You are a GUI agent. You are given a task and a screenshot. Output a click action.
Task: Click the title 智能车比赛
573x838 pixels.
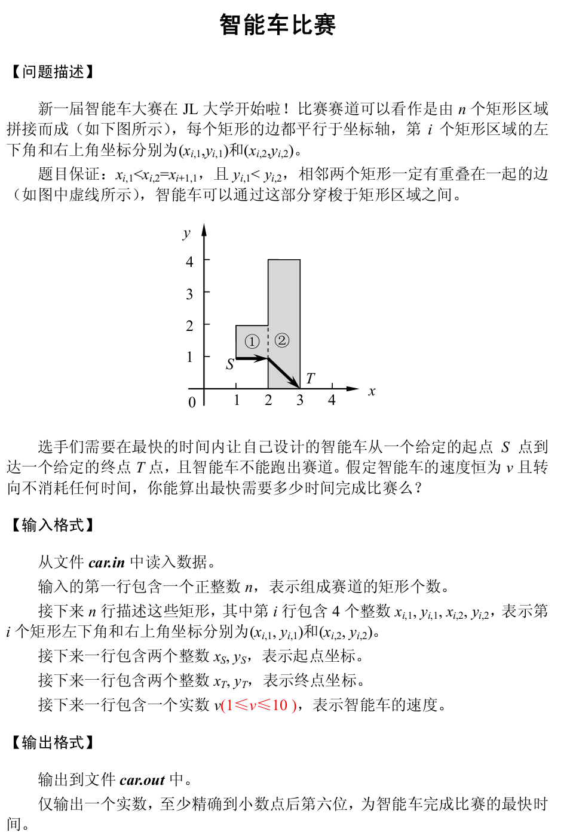point(278,25)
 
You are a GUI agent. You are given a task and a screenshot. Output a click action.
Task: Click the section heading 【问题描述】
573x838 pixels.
point(53,72)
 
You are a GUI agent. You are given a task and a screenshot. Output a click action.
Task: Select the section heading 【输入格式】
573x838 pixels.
point(53,525)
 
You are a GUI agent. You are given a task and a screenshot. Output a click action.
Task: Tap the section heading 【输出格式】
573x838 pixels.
point(53,742)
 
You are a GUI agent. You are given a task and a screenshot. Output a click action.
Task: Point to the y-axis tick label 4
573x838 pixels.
point(190,262)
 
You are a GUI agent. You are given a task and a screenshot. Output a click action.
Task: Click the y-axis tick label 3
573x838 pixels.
point(190,294)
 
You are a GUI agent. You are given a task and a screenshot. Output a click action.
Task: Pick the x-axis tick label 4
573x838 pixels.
point(332,400)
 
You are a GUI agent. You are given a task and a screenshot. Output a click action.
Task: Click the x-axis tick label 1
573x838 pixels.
point(237,400)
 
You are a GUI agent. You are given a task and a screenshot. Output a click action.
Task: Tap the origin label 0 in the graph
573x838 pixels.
point(192,403)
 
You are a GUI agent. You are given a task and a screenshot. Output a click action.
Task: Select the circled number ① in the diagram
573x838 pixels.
point(252,342)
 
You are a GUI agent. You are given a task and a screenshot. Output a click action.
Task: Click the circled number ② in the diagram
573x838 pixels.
point(282,340)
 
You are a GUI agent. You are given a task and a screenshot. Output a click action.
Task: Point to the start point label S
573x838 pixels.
point(230,364)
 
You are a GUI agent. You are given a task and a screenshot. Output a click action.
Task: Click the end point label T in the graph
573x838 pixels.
point(310,378)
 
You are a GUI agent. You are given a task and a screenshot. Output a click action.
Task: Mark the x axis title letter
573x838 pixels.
point(372,392)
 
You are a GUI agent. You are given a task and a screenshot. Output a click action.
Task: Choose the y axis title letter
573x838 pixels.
point(186,233)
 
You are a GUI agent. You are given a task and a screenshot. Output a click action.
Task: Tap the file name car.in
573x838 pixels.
point(106,562)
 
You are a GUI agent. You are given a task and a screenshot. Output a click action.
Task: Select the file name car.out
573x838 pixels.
point(142,779)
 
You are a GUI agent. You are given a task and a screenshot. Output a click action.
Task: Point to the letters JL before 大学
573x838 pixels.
point(190,109)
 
